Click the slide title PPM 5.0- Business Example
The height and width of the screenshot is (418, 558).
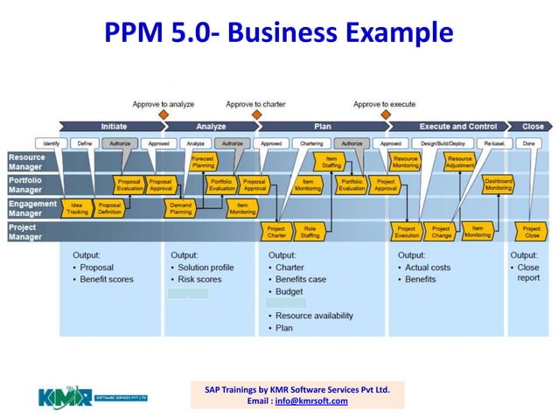(278, 33)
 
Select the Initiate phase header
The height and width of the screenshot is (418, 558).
(113, 127)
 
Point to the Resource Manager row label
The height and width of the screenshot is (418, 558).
(26, 162)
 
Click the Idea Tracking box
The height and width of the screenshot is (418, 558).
(78, 207)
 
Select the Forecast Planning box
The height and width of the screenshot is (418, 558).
(203, 162)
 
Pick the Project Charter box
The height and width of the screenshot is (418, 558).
(276, 231)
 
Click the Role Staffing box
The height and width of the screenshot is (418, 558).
(310, 231)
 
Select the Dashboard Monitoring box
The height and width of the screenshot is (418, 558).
(498, 185)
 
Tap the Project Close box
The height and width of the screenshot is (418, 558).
(531, 231)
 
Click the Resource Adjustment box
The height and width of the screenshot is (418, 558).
(459, 162)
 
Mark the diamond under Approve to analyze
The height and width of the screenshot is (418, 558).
(163, 115)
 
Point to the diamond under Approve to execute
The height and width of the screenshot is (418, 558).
(384, 115)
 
